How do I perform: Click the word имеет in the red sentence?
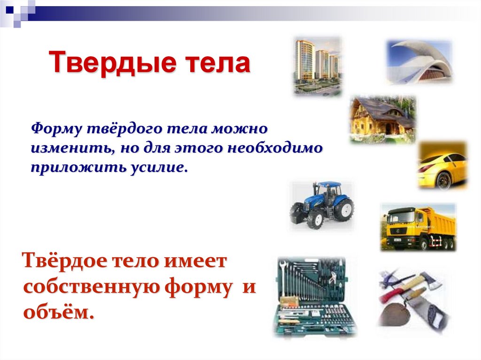click(x=196, y=261)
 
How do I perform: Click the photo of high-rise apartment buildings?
click(x=318, y=66)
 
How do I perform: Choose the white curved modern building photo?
click(x=419, y=61)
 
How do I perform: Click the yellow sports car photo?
click(x=442, y=165)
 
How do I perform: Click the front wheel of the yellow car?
click(x=443, y=180)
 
